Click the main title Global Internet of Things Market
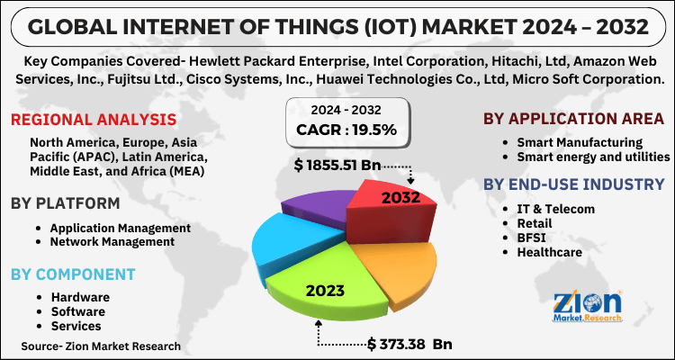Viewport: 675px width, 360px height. (x=337, y=24)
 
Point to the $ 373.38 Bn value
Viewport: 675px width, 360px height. (x=409, y=343)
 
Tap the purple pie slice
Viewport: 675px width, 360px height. (x=315, y=207)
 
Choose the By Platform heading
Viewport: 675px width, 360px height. (x=65, y=202)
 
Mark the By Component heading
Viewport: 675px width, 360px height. (x=73, y=274)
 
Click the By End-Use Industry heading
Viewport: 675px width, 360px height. (x=573, y=184)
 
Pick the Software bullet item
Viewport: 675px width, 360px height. (x=78, y=311)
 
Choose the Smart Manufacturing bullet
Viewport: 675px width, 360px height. (x=579, y=142)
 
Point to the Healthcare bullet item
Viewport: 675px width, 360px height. (x=549, y=252)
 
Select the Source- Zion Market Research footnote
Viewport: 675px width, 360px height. (x=102, y=346)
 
